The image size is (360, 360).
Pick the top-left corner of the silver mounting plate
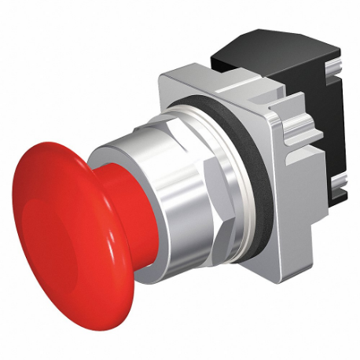point(161,78)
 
